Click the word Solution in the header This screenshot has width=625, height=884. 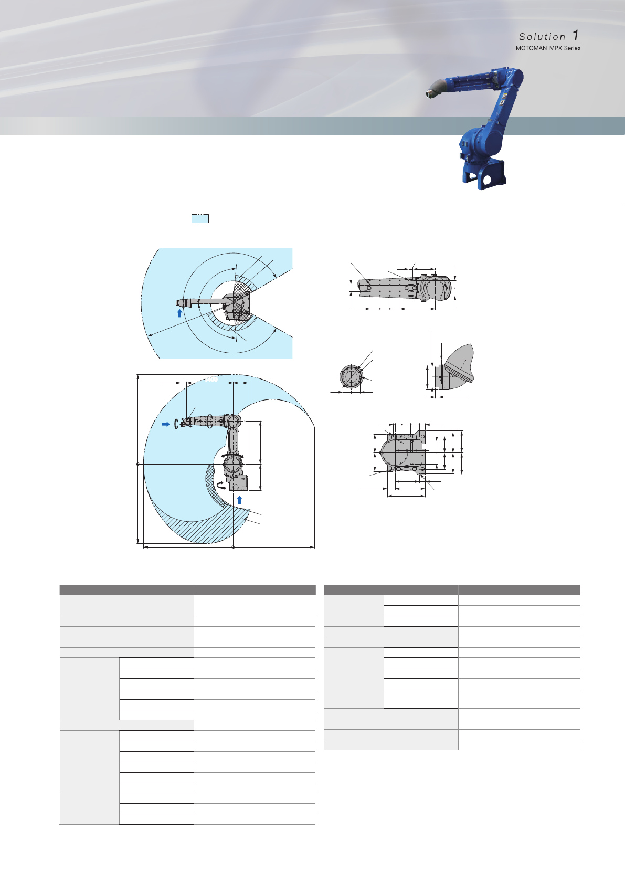pos(542,37)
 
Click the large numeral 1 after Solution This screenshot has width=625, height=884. pos(576,35)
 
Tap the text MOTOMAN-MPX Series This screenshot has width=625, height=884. pos(548,48)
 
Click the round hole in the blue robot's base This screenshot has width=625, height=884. pos(486,180)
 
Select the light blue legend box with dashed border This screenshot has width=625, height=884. pos(200,218)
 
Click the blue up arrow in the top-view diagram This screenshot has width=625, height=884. pos(179,313)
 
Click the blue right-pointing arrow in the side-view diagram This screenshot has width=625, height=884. pos(166,424)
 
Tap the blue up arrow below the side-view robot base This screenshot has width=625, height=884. pos(239,500)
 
